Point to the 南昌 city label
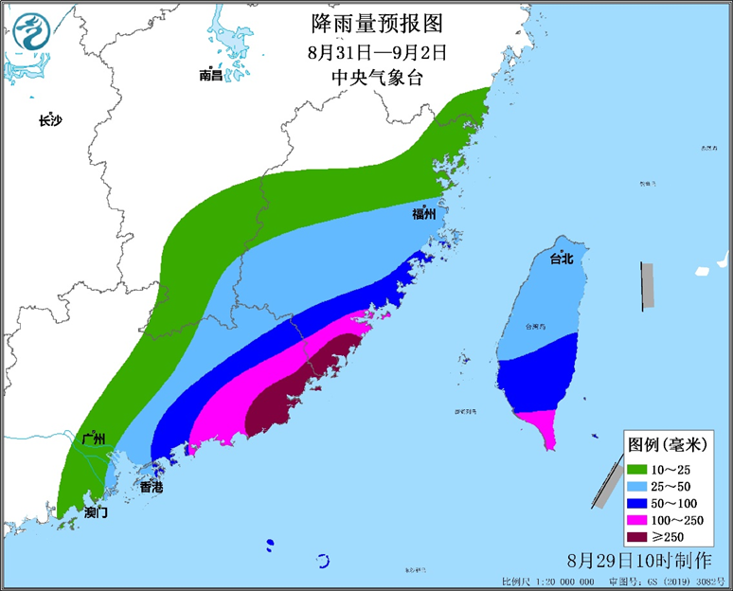click(210, 75)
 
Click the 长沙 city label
click(49, 120)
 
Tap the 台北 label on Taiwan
click(562, 258)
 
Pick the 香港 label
click(151, 487)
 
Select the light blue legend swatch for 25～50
click(640, 486)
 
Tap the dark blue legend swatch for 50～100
click(640, 503)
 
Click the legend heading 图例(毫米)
click(671, 443)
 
